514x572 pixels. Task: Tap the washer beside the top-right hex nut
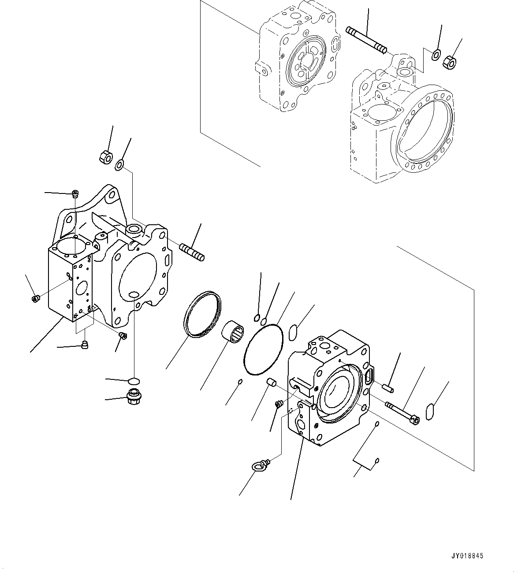(x=436, y=55)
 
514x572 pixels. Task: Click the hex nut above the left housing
(x=105, y=156)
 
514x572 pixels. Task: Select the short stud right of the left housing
(x=191, y=252)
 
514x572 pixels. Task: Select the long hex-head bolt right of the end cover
(x=402, y=412)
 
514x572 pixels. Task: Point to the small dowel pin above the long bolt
(x=388, y=387)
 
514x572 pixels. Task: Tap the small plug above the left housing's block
(x=75, y=193)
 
